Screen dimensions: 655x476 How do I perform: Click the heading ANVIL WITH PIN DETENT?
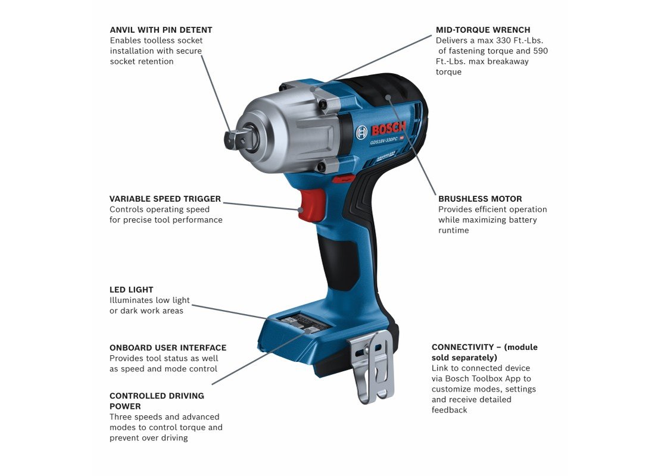pos(161,30)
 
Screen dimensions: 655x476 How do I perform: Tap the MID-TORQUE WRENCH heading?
pos(483,30)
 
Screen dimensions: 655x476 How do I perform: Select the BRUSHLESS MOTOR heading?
pos(480,199)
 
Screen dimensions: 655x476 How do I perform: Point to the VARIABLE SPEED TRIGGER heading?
pos(165,199)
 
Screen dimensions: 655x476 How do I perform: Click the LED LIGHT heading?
pos(131,290)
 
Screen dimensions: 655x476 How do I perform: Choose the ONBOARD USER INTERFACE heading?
pos(168,348)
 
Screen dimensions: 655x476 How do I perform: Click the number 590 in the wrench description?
pos(541,51)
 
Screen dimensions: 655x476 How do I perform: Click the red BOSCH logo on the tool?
pos(388,128)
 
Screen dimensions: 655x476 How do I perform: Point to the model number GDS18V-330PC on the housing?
pos(383,140)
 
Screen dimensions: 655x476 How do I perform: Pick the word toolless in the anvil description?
pos(160,40)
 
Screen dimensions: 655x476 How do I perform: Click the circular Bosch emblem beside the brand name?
pos(361,133)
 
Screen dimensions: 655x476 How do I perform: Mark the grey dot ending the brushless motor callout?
pos(388,98)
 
